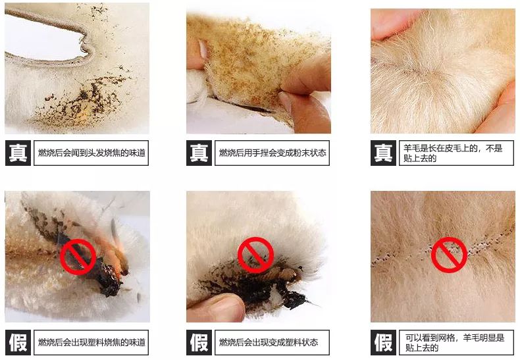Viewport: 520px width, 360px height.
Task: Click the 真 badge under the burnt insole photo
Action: pyautogui.click(x=18, y=153)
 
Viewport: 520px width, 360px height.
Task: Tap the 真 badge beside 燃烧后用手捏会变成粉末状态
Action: pyautogui.click(x=199, y=153)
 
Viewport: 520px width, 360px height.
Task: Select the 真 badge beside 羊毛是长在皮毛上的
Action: pyautogui.click(x=383, y=153)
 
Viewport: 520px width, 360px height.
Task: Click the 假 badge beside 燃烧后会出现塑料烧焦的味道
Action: pyautogui.click(x=18, y=342)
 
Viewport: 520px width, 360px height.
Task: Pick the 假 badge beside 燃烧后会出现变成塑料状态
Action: pyautogui.click(x=199, y=342)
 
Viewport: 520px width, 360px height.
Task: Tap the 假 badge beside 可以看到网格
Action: pyautogui.click(x=383, y=342)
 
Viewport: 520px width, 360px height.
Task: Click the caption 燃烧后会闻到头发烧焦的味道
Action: pyautogui.click(x=91, y=153)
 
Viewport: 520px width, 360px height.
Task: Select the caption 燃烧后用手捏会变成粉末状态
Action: pyautogui.click(x=273, y=153)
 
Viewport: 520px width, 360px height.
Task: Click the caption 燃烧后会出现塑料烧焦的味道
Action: pyautogui.click(x=91, y=342)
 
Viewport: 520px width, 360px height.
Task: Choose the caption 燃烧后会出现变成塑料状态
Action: pyautogui.click(x=273, y=342)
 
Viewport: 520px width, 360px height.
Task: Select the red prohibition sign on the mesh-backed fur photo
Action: pyautogui.click(x=449, y=255)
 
